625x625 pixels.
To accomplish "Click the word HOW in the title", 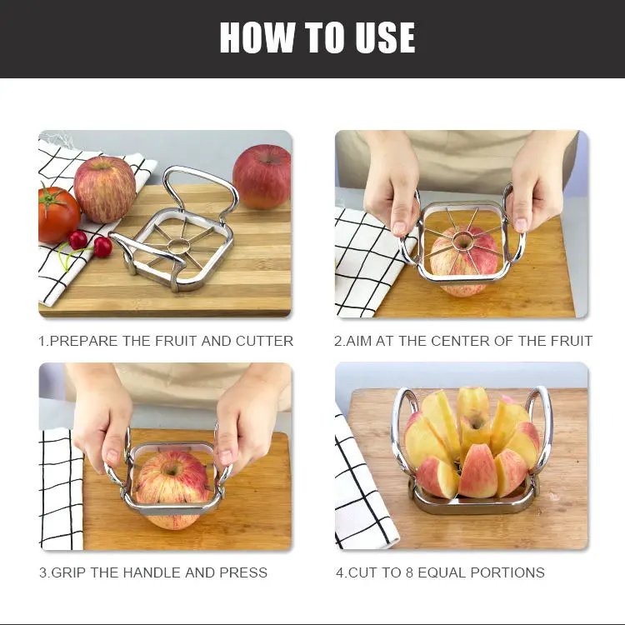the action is coord(257,37).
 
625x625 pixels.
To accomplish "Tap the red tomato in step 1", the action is coord(57,214).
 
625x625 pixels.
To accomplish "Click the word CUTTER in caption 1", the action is coord(264,341).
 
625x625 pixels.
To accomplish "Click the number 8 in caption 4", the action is coord(409,572).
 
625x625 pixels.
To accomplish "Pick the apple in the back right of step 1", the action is coord(262,176).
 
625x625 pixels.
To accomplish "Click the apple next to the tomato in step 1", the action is coord(104,189).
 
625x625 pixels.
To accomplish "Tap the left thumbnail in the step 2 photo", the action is coord(399,228).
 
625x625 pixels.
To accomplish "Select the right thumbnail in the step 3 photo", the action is coord(226,457).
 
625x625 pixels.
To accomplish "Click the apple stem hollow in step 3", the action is coord(172,470).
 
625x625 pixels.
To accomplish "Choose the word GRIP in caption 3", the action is coord(69,572).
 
